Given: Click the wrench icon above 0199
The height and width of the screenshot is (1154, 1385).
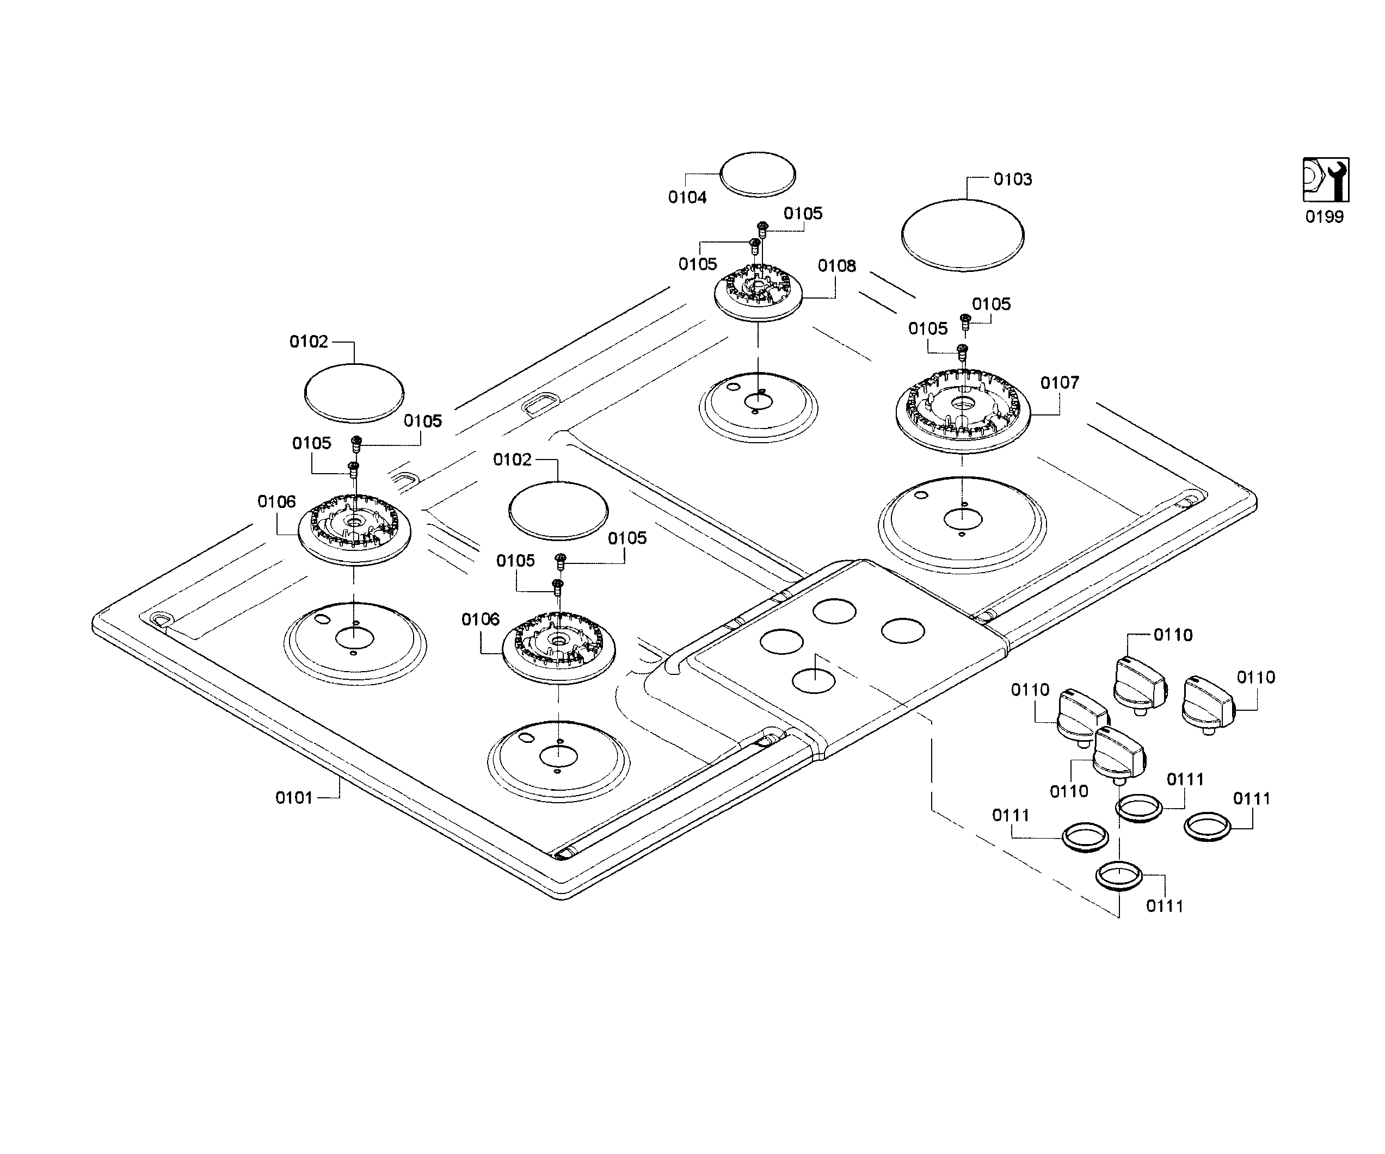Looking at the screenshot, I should pos(1325,179).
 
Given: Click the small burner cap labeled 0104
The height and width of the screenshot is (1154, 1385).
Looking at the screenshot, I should pos(758,174).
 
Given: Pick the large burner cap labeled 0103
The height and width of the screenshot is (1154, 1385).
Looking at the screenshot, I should pos(962,234).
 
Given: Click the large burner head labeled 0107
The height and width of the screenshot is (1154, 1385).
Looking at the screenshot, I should pos(962,411).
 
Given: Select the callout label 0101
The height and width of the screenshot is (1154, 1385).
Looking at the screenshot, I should pos(293,798).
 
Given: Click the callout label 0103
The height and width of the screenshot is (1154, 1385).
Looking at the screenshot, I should pos(1012,179).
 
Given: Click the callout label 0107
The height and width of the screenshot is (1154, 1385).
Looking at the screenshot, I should pos(1059,383).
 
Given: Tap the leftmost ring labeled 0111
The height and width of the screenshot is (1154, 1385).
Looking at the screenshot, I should pos(1085,837).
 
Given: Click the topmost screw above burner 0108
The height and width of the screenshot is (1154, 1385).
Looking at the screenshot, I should pos(762,228).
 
